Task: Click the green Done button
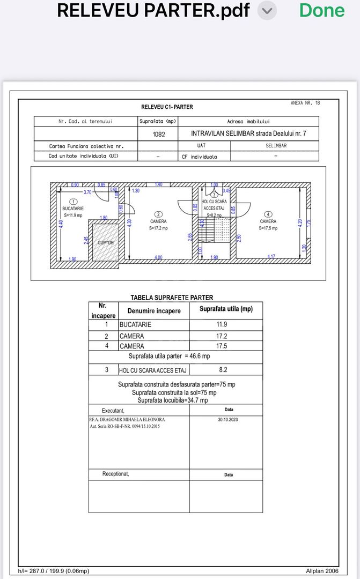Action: click(x=321, y=10)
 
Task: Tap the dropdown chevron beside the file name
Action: click(x=268, y=10)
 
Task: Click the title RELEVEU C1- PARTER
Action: click(x=167, y=107)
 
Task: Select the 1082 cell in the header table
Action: click(x=157, y=133)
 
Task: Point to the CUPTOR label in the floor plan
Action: click(x=106, y=243)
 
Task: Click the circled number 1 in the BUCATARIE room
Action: click(x=74, y=201)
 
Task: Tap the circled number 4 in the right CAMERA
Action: click(x=268, y=214)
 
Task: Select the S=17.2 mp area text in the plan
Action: click(x=158, y=228)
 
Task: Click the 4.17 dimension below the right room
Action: click(x=271, y=257)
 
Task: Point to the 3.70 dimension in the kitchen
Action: click(x=87, y=192)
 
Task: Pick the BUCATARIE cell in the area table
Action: click(x=135, y=324)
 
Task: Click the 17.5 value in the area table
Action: click(x=225, y=346)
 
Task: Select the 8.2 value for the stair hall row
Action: click(x=225, y=369)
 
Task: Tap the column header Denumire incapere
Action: click(x=154, y=311)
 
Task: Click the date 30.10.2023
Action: click(x=227, y=420)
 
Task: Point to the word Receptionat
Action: click(x=116, y=474)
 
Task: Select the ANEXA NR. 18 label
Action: click(x=305, y=102)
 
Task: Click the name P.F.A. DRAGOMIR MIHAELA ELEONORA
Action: click(x=127, y=420)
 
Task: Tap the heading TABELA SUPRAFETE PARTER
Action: click(x=172, y=298)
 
